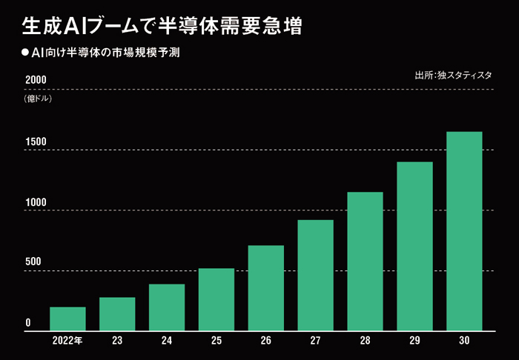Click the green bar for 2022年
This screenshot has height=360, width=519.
[x=68, y=319]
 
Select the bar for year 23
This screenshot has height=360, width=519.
[x=117, y=314]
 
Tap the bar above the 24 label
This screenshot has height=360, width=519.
[x=167, y=307]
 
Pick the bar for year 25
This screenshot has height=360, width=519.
[x=216, y=299]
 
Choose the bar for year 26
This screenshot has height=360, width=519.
[x=265, y=288]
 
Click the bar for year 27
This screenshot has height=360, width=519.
[x=315, y=276]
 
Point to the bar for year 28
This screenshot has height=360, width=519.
[x=365, y=261]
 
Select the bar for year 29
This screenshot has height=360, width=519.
[x=414, y=246]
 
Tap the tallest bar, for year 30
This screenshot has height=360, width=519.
[x=464, y=231]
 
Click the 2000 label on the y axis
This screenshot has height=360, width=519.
[x=36, y=80]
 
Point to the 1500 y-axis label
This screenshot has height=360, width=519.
[x=36, y=141]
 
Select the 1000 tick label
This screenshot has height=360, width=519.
[x=36, y=202]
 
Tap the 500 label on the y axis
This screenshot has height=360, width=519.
[x=33, y=261]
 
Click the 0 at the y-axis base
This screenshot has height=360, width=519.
[x=28, y=322]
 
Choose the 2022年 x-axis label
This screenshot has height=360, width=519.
[x=67, y=341]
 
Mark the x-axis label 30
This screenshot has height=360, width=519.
[x=464, y=341]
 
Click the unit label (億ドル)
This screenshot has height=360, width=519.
[x=38, y=99]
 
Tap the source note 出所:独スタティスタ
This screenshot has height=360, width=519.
[x=453, y=75]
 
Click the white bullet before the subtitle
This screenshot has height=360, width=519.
[x=24, y=53]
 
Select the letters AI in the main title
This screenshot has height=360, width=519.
[x=73, y=27]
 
